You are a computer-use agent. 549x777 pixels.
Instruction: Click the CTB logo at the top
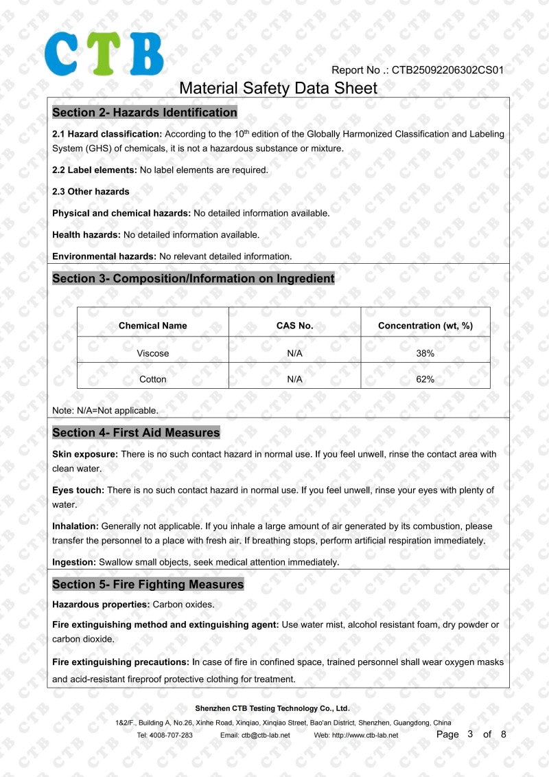click(x=104, y=54)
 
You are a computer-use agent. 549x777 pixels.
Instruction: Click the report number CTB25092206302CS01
click(x=448, y=70)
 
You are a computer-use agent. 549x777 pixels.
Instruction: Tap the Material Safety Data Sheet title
click(x=278, y=88)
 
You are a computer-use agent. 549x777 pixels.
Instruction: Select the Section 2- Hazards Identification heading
click(x=145, y=113)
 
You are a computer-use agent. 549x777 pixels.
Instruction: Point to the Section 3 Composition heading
click(x=194, y=279)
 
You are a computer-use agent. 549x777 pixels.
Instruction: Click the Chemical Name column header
click(x=152, y=326)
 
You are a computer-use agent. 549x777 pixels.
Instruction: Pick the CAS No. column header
click(x=294, y=326)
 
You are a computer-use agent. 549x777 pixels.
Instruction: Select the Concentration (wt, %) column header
click(x=425, y=326)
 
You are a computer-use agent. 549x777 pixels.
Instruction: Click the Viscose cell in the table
click(x=152, y=353)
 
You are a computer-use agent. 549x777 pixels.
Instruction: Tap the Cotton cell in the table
click(x=152, y=379)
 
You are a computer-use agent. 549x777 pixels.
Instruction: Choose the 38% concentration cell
click(x=425, y=353)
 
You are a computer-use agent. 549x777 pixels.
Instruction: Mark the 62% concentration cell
click(x=425, y=379)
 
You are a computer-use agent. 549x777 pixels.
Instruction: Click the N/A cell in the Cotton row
click(x=294, y=379)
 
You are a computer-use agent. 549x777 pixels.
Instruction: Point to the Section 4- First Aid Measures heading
click(x=136, y=433)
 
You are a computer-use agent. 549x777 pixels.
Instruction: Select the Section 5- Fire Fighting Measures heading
click(x=148, y=585)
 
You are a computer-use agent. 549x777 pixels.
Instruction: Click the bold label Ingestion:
click(x=74, y=562)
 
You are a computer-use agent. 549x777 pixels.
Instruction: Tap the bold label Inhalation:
click(x=75, y=526)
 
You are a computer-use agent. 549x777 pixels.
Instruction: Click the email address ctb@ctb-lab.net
click(x=265, y=735)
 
